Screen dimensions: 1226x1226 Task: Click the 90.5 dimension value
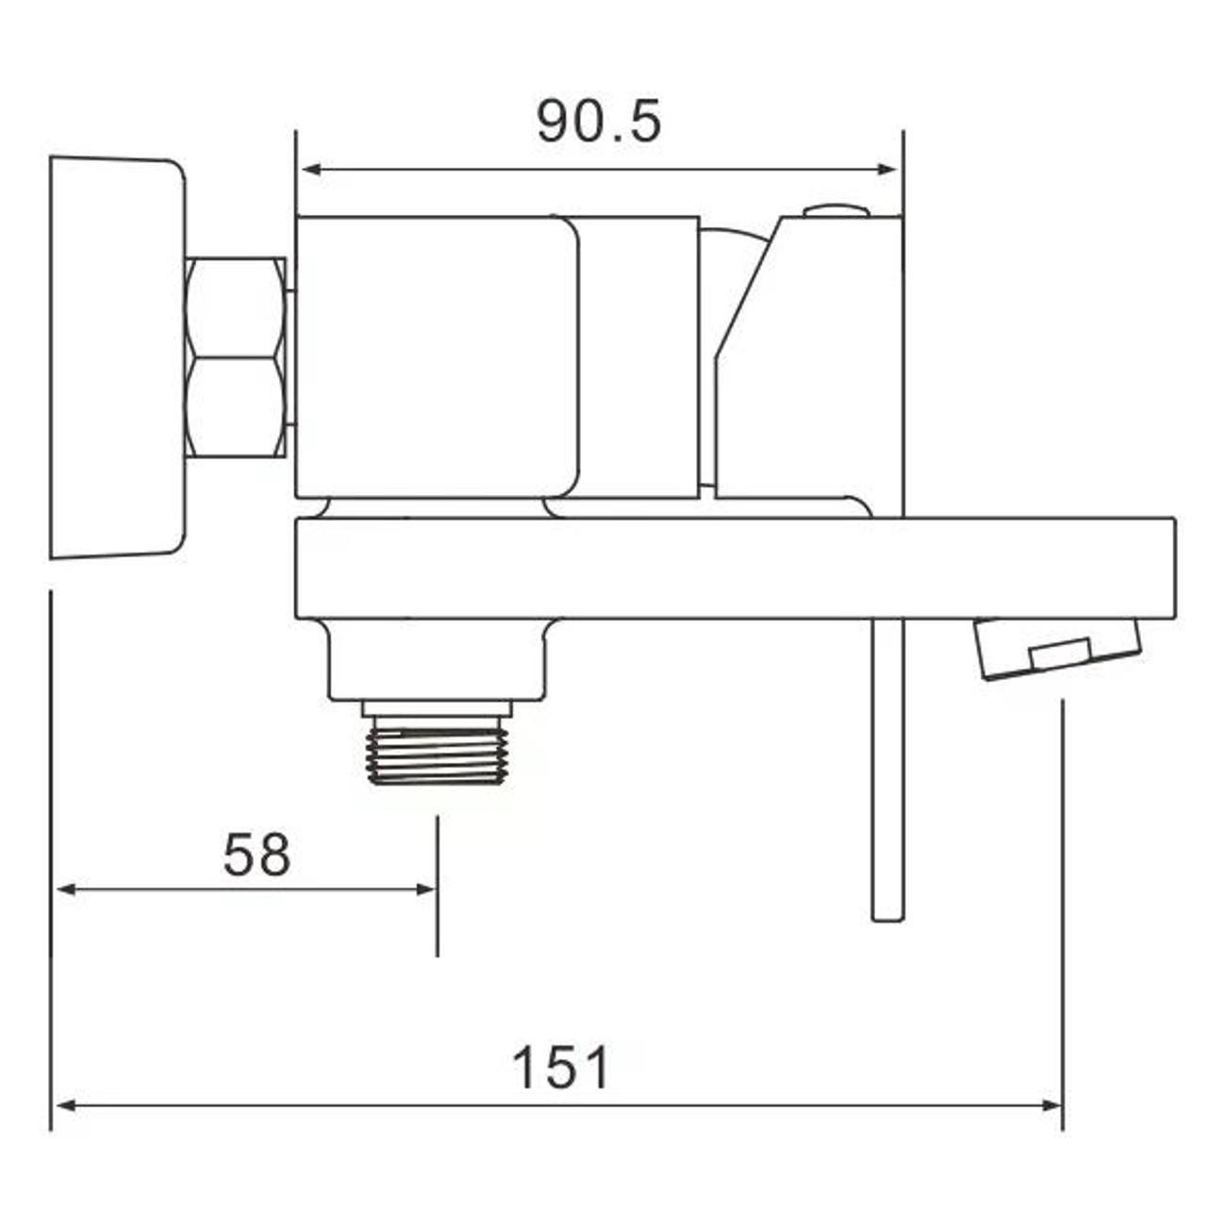[x=599, y=122]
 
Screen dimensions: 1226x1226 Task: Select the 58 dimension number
[x=257, y=855]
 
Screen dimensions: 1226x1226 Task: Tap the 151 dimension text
[x=561, y=1069]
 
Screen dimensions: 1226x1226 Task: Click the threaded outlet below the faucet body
[x=437, y=751]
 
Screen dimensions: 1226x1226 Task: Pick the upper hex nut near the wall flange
[x=236, y=307]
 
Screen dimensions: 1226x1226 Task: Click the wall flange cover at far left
[x=116, y=358]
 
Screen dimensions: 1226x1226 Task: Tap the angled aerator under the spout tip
[x=1058, y=648]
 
